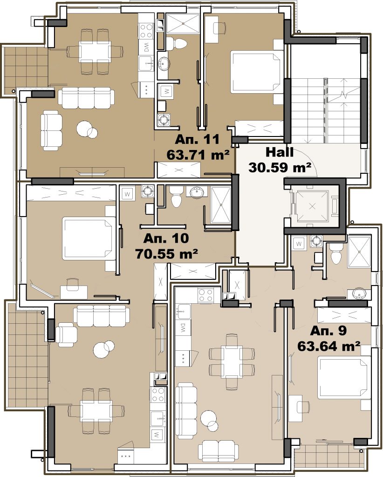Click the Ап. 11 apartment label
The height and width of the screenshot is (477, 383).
tap(197, 139)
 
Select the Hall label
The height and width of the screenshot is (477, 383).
tap(280, 152)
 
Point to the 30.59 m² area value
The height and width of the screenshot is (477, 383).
tap(280, 167)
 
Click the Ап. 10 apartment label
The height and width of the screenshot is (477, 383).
tap(166, 238)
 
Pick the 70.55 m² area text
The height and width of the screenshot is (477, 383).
tap(167, 253)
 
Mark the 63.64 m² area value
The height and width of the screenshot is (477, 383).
tap(329, 346)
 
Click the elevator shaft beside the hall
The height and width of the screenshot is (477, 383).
tap(313, 206)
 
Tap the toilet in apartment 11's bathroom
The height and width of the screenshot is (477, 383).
tap(176, 44)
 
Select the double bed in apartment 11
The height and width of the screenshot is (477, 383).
tap(255, 72)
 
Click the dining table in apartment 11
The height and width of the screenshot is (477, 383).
tap(94, 51)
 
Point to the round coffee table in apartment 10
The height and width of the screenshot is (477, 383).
tap(103, 349)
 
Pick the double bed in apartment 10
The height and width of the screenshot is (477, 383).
tap(89, 238)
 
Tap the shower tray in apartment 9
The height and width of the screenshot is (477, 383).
tap(359, 252)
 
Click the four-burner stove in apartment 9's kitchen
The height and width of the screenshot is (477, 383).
tap(205, 294)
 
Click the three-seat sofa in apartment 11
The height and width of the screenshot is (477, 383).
tap(86, 98)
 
